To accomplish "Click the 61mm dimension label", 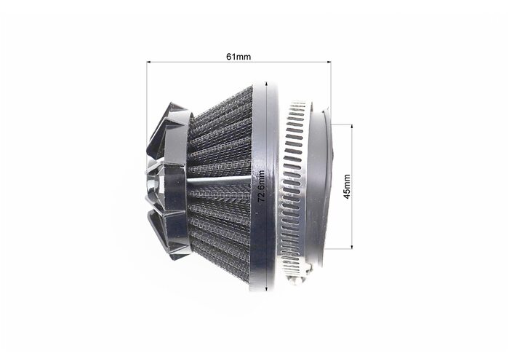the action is click(x=239, y=57).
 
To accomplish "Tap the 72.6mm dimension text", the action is click(x=262, y=186).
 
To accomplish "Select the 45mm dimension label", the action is click(x=347, y=186).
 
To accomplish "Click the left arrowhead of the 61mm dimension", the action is click(x=149, y=62).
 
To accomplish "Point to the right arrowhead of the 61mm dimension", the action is click(x=329, y=62).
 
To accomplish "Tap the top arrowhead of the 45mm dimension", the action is click(x=351, y=127).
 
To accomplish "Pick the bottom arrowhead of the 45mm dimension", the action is click(x=351, y=246).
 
